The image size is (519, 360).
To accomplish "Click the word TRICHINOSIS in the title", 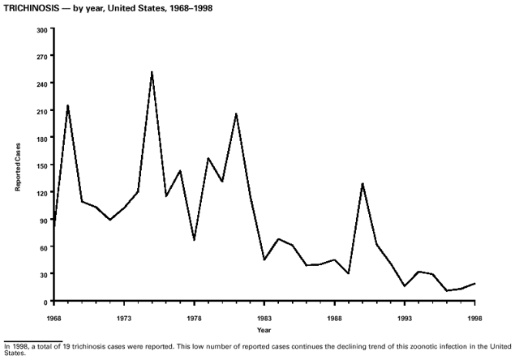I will pos(30,8).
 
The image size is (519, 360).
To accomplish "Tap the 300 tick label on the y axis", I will pos(41,29).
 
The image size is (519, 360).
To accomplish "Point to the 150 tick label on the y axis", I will pos(41,165).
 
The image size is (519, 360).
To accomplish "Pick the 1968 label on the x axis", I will pos(54,318).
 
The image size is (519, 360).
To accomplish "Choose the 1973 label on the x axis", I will pos(124,318).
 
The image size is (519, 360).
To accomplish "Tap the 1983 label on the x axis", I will pos(264,318).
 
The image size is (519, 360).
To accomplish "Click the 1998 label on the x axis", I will pos(474,318).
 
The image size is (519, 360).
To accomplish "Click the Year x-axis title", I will pos(264,330).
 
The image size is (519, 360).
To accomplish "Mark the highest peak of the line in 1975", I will pos(152,72).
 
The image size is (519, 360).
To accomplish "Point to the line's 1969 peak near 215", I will pos(67,105).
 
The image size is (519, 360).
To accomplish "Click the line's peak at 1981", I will pos(236,114).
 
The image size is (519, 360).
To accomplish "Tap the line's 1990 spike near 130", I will pos(362,183).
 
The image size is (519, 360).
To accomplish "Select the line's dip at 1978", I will pos(194,240).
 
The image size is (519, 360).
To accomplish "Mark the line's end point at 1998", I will pos(474,284).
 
